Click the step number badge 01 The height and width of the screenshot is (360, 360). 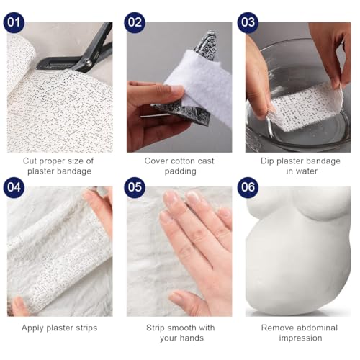click(14, 22)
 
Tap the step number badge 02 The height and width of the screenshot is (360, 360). click(135, 22)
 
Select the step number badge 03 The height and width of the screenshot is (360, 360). click(248, 22)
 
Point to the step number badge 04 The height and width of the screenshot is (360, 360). click(14, 187)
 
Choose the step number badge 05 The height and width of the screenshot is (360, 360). click(135, 187)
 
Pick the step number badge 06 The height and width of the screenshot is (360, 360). click(248, 187)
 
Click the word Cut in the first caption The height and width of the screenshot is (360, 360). click(30, 161)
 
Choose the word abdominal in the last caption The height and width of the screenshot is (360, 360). click(315, 328)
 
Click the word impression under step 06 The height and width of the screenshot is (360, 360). click(300, 338)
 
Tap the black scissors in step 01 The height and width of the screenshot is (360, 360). click(79, 53)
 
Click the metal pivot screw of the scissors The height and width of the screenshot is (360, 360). click(89, 63)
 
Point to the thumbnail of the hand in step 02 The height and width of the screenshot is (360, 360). click(177, 91)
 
